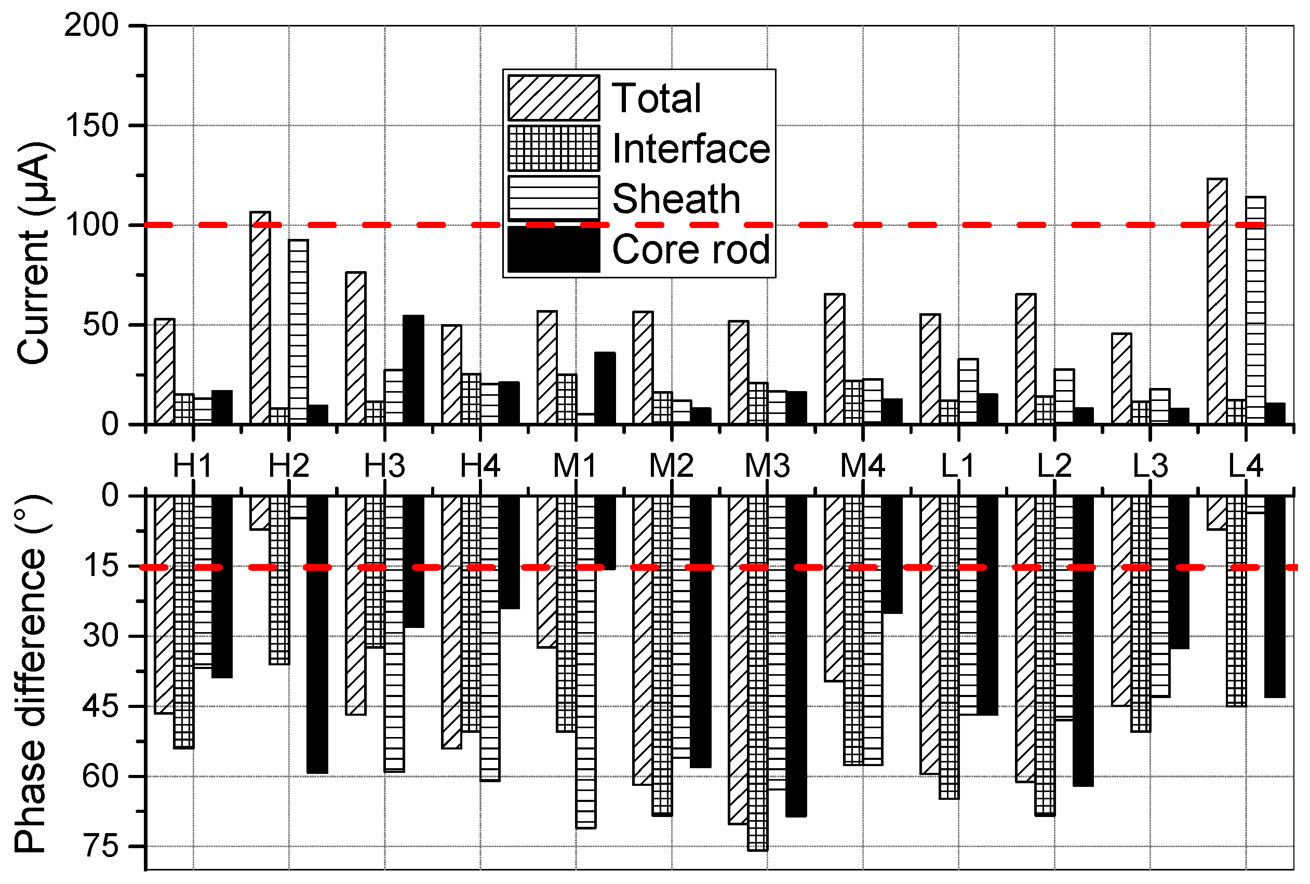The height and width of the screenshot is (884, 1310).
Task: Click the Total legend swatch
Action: coord(553,98)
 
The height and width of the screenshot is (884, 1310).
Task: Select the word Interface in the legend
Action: coord(690,149)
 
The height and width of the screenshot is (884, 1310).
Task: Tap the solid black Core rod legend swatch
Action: coord(553,249)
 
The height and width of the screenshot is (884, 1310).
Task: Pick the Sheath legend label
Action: coord(676,199)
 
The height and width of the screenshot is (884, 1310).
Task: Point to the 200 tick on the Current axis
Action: coord(92,26)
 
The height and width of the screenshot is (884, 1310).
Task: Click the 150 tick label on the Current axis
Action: coord(92,126)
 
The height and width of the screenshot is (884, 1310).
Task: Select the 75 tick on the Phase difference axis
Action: coord(101,847)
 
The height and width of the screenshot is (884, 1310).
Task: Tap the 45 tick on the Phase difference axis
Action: coord(101,706)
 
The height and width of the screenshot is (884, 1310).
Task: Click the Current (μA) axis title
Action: coord(34,253)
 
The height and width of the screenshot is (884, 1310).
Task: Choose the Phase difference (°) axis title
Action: coord(31,674)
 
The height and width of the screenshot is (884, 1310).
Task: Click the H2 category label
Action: coord(289,466)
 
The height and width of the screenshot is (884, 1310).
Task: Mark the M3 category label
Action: coord(767,466)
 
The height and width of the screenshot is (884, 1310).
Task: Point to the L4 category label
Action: coord(1246,466)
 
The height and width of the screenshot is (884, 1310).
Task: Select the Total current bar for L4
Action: coord(1218,301)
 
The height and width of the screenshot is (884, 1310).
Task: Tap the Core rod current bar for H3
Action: coord(413,370)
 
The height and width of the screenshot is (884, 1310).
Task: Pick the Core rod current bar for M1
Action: coord(605,389)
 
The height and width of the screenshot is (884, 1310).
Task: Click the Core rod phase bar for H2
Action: coord(317,634)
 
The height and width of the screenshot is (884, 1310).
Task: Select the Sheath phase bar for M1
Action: coord(586,662)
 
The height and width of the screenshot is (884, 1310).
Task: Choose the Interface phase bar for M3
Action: coord(758,673)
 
